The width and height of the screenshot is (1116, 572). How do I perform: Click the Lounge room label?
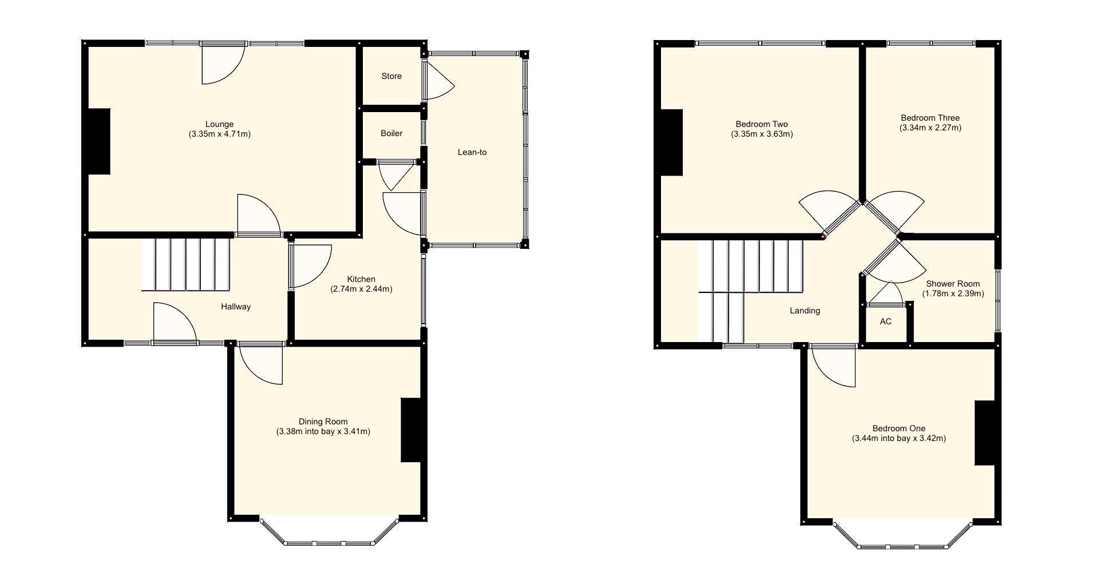pos(219,124)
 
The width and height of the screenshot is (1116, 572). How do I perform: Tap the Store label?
pos(391,76)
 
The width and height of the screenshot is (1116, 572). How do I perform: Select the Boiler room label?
pos(391,133)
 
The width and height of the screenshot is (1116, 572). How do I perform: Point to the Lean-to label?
pos(472,152)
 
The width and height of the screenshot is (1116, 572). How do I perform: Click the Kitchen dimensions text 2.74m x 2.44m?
pos(361,289)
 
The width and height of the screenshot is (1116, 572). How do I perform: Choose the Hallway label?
pos(236,307)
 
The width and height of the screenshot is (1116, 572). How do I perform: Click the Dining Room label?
pos(323,422)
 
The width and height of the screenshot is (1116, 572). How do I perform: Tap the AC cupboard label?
pos(885,321)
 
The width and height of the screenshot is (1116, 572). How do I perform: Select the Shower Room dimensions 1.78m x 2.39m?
pos(953,294)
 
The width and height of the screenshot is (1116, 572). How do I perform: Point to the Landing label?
pos(805,311)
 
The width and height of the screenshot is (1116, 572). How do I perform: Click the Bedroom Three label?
pos(930,118)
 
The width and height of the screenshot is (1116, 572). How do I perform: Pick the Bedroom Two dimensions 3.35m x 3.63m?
pos(762,134)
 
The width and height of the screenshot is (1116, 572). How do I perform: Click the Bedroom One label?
pos(899,428)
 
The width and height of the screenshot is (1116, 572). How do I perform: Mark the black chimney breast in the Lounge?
pos(98,141)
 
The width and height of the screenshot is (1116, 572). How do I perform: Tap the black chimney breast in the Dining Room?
pos(411,430)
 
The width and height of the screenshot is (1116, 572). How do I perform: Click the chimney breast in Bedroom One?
pos(986,433)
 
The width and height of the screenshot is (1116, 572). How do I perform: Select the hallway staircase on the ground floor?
pos(186,265)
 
